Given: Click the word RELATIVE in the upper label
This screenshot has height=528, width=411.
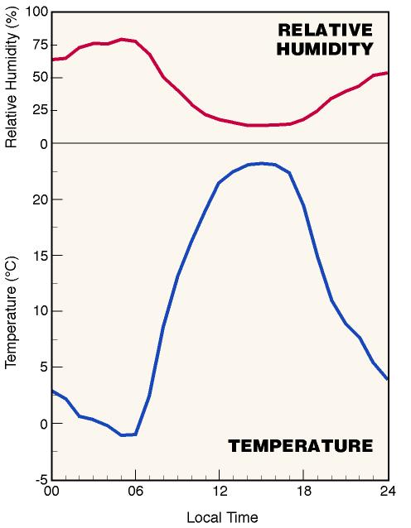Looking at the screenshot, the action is pos(326,30).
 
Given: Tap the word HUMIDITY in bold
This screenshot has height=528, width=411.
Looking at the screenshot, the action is pos(325,49).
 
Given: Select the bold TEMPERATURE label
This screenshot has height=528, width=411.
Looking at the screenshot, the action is pos(301,446).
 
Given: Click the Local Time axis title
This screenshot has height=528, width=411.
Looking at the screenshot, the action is pos(222,517).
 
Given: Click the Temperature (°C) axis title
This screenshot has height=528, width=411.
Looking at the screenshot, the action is pos(11,313).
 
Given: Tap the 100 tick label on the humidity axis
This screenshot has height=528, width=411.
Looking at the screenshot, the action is pos(36,12).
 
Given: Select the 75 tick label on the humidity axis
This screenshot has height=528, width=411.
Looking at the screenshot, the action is pos(41,45).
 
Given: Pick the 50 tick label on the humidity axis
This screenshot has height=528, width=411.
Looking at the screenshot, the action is pos(41,78).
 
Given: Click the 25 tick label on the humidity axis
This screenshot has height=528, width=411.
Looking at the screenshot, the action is pos(41,110).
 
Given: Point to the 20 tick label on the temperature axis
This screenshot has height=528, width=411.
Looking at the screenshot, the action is pos(41,199).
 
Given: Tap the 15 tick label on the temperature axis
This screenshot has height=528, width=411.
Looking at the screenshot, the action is pos(41,256).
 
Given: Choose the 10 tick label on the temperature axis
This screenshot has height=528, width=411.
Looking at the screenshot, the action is pos(41,311).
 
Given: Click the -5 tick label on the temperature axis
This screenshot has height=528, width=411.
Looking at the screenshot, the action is pos(42,480).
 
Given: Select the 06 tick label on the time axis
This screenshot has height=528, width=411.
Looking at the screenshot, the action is pos(135,492).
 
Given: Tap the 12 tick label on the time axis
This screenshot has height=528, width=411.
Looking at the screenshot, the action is pos(220,492).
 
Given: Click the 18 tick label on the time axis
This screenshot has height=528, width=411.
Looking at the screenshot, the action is pos(304,492).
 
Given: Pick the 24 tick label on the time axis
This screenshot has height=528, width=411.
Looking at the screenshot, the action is pos(388,492).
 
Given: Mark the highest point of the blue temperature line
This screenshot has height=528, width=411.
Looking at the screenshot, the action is pos(262,163).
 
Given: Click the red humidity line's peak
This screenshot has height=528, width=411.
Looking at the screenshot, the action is pos(122,40).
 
